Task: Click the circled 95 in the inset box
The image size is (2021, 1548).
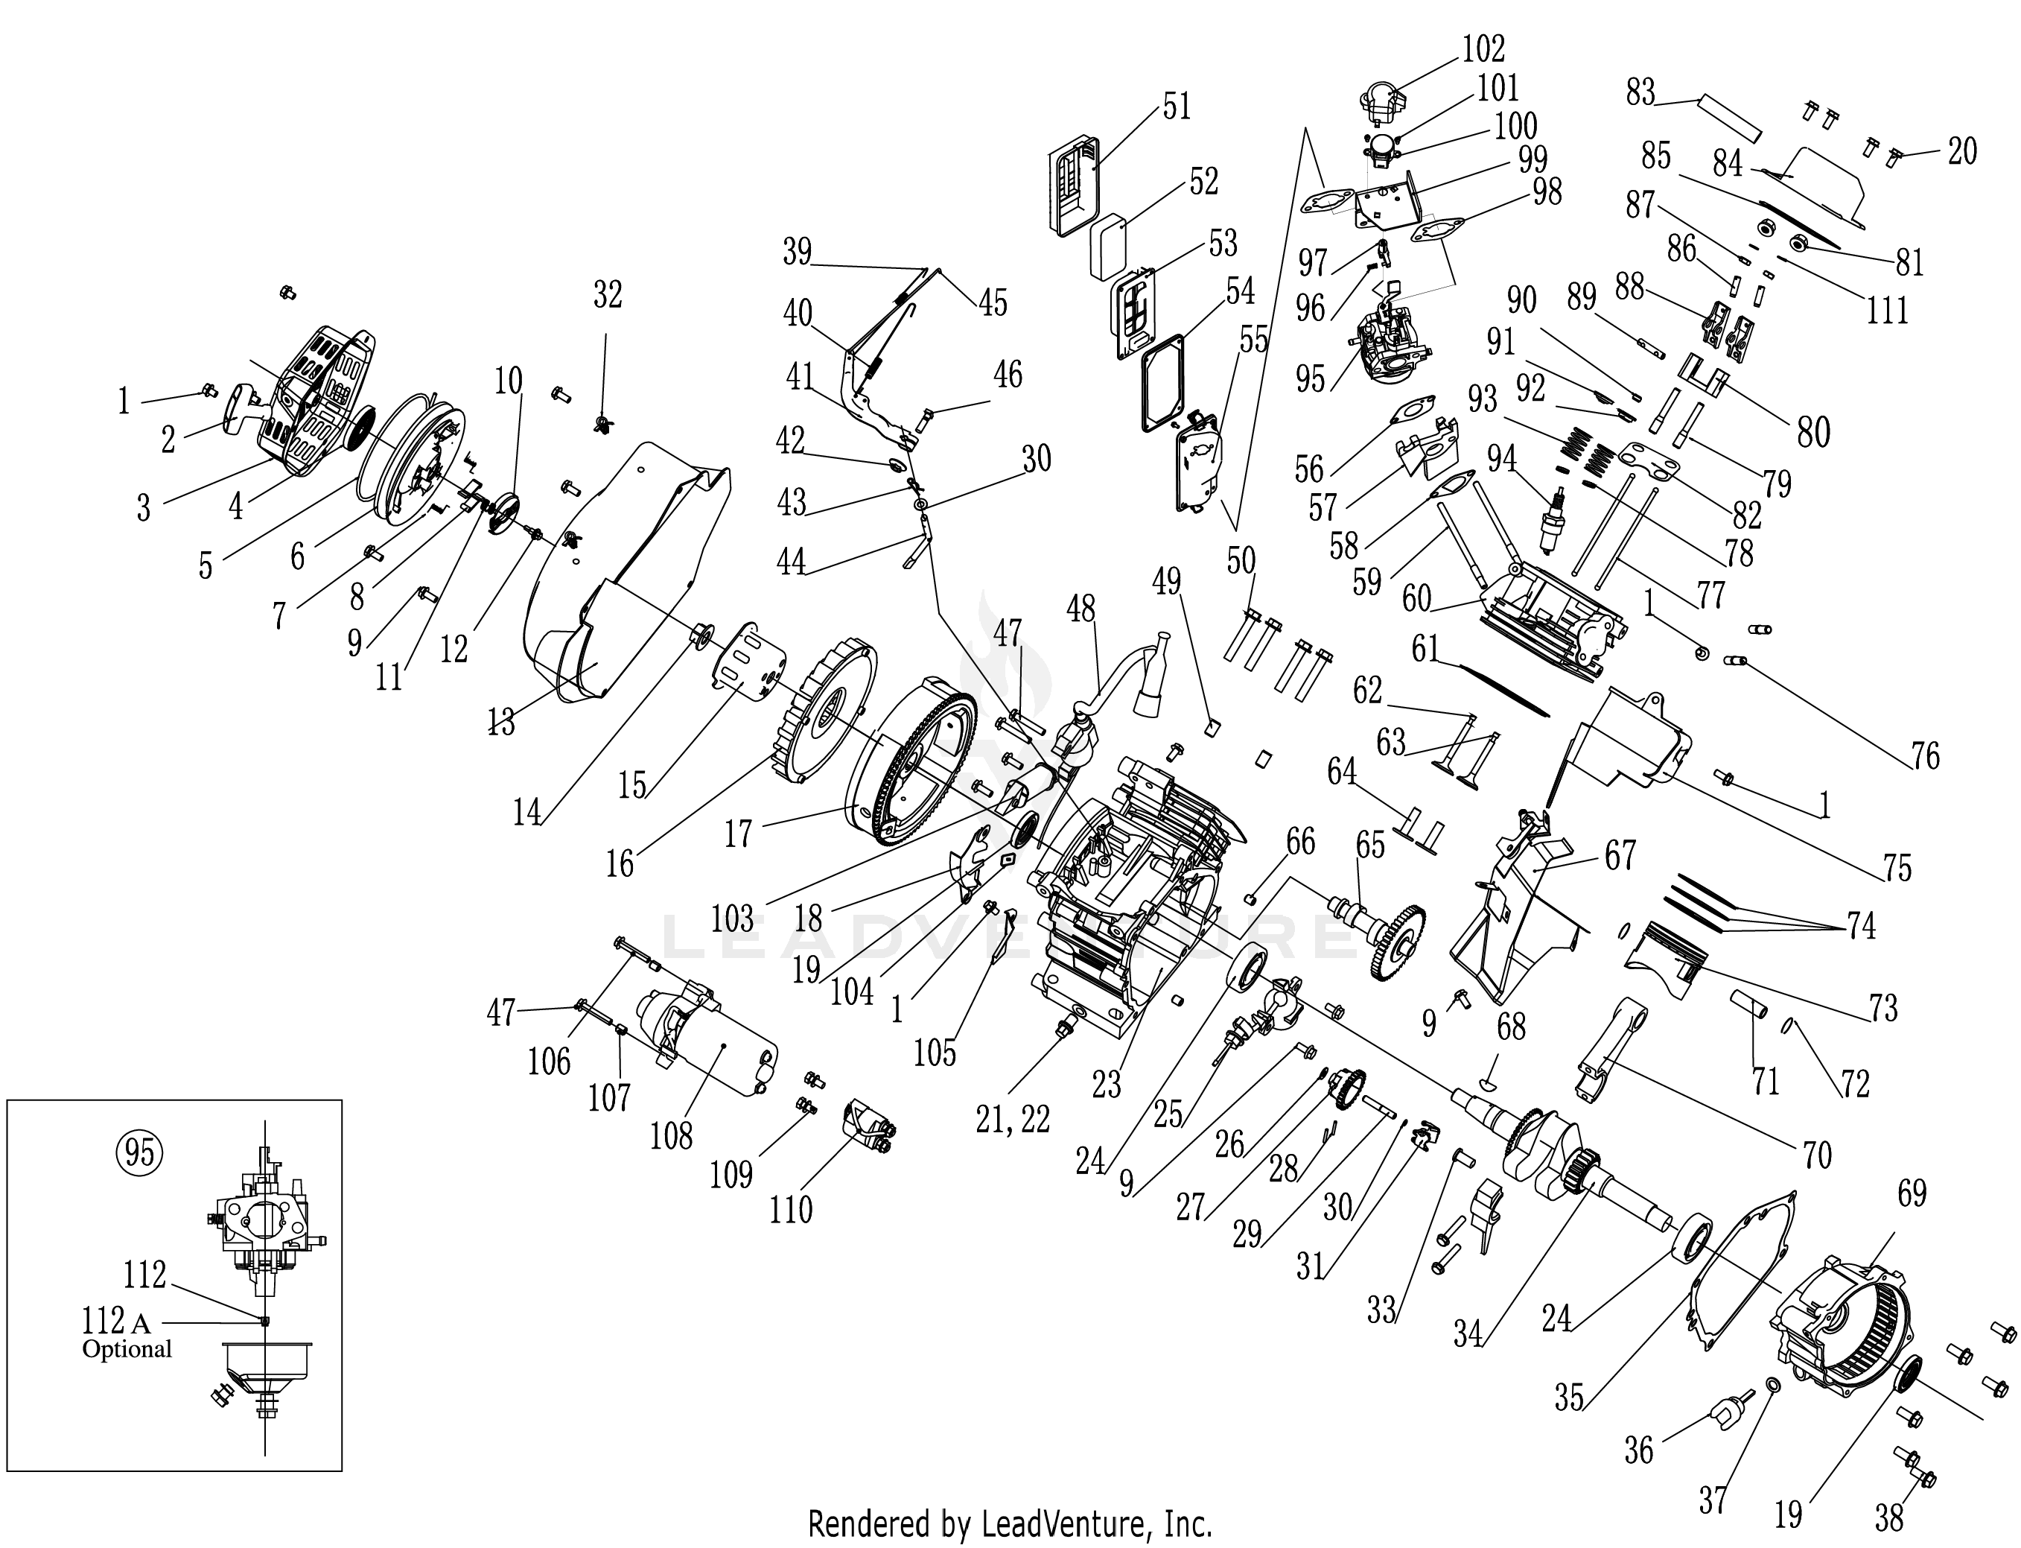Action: [140, 1152]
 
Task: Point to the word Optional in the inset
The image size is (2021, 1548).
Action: [127, 1350]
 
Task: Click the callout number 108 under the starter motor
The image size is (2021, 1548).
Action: [672, 1136]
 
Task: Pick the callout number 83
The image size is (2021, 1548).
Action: [1640, 93]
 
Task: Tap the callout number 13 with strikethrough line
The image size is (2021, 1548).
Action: [500, 724]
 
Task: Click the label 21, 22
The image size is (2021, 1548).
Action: [1011, 1120]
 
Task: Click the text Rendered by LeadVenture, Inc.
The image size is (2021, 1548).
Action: [1010, 1524]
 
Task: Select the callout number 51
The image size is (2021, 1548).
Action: [1177, 107]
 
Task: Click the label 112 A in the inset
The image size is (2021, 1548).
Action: [115, 1323]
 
